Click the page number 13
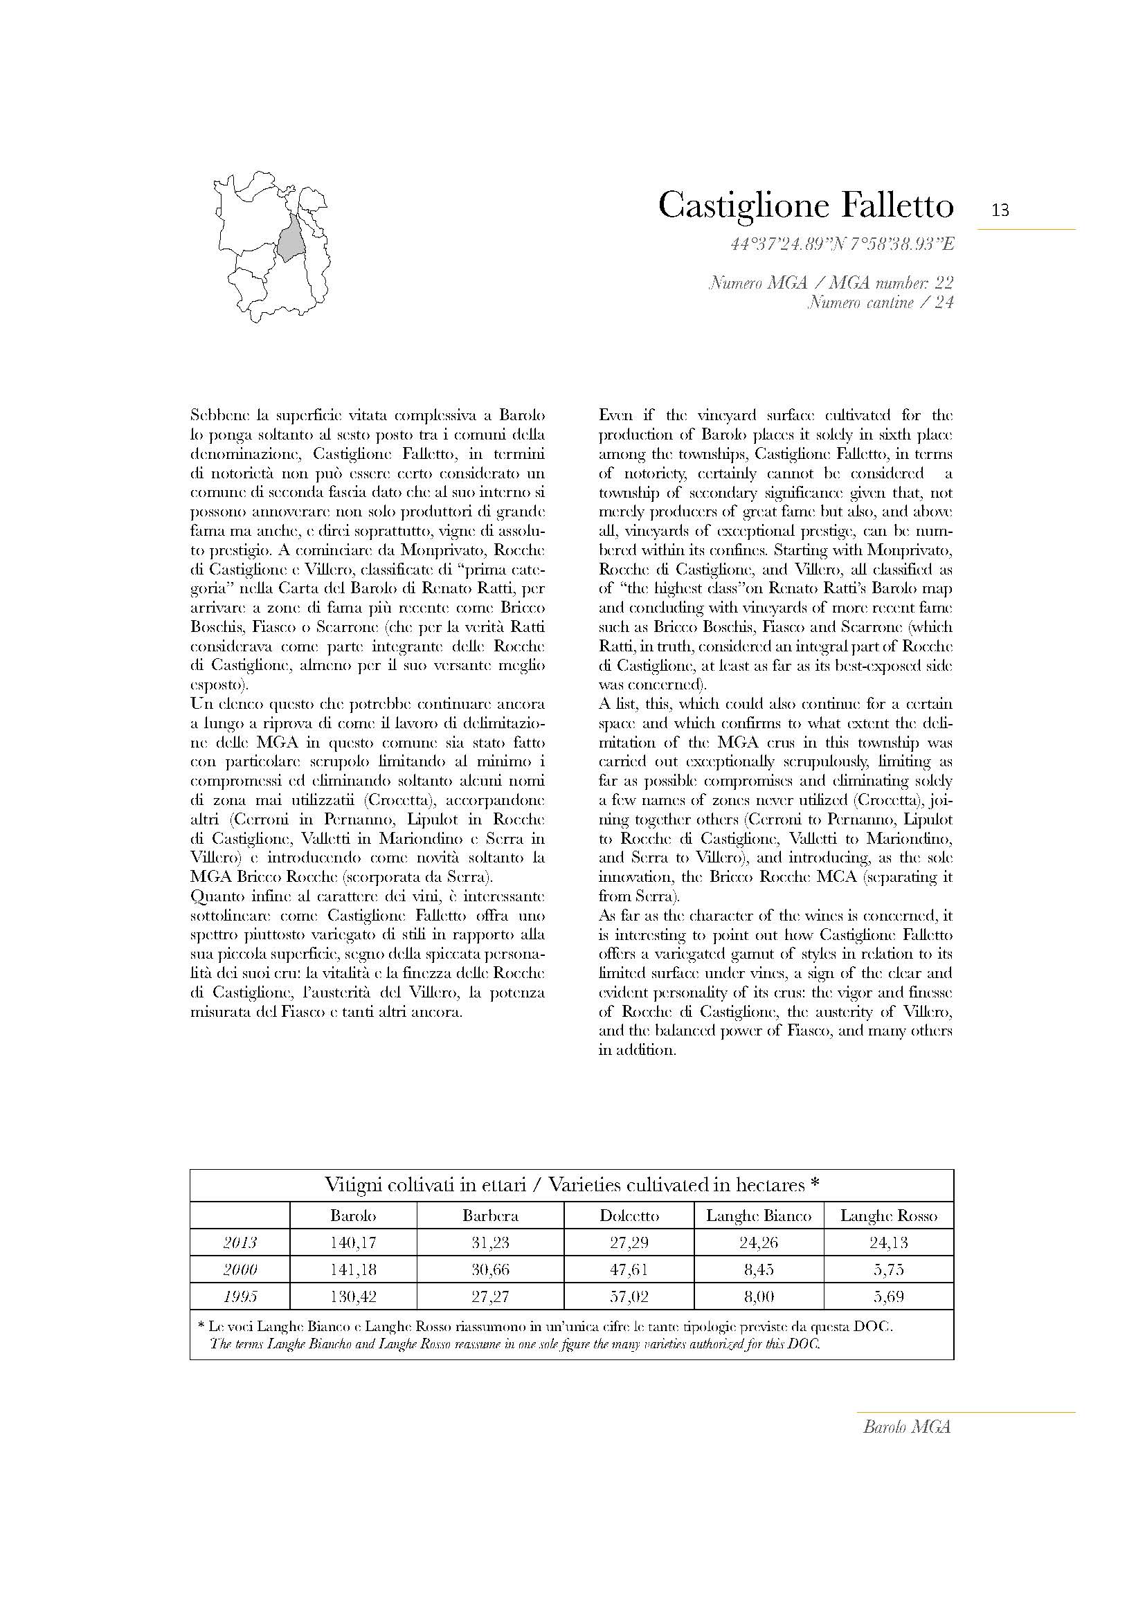click(1000, 210)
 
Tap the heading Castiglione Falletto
click(805, 205)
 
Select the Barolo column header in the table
click(352, 1215)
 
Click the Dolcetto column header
click(629, 1215)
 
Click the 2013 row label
click(240, 1242)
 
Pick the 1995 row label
click(240, 1295)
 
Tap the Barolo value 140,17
click(352, 1242)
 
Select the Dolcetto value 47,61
click(629, 1269)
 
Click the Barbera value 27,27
click(490, 1295)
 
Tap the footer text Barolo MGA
click(907, 1427)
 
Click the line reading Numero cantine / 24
click(880, 303)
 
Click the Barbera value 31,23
click(490, 1242)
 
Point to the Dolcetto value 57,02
click(629, 1295)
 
